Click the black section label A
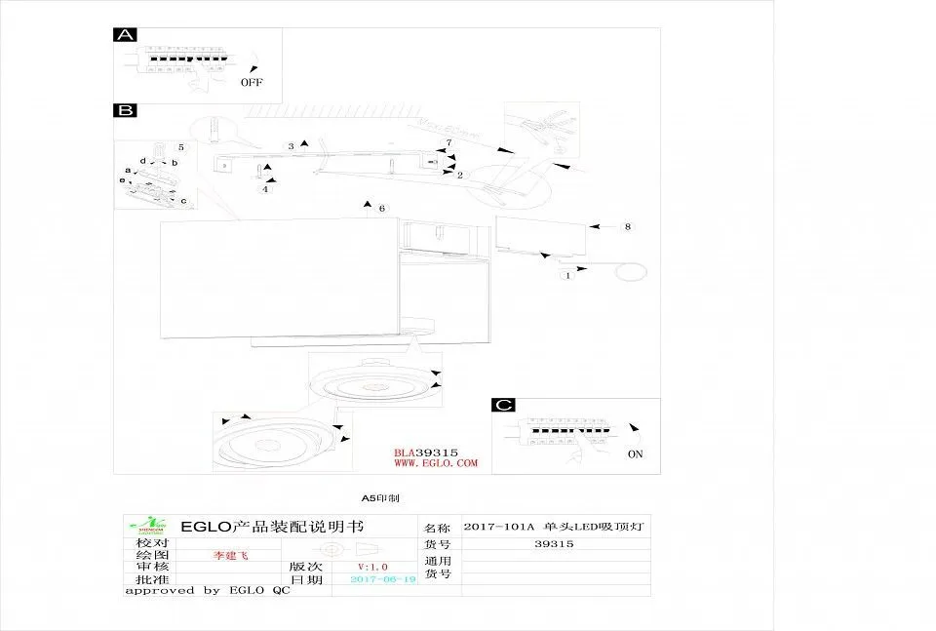click(125, 35)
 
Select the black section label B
click(125, 111)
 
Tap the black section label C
click(503, 406)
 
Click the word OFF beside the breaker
click(252, 83)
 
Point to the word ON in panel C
click(635, 454)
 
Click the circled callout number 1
click(566, 275)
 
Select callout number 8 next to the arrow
click(628, 226)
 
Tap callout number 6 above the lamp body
click(382, 209)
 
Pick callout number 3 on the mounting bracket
click(291, 146)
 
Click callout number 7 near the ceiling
click(448, 143)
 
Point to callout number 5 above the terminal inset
click(180, 146)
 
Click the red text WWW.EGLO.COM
click(436, 463)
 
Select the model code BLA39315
click(426, 453)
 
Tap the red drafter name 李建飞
click(231, 554)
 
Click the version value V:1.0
click(372, 567)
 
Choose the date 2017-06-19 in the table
click(382, 579)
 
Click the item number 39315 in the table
click(555, 544)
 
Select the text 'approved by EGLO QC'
click(208, 591)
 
